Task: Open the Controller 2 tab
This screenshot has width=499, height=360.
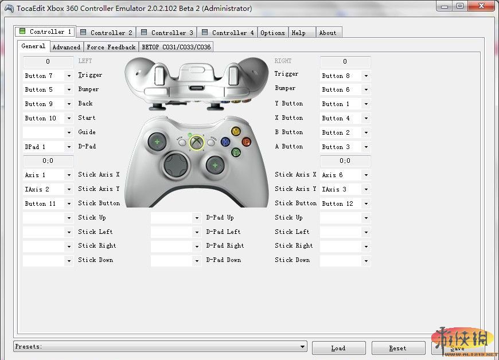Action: tap(106, 33)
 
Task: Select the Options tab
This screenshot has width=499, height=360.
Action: tap(272, 33)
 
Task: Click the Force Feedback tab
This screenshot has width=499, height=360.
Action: tap(111, 47)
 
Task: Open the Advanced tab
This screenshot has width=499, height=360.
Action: tap(67, 47)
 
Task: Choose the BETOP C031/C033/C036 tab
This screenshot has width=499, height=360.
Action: tap(176, 47)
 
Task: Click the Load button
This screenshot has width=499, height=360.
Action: tap(338, 348)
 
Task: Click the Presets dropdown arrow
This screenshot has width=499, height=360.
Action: tap(303, 347)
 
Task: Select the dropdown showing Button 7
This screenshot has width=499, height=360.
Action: tap(48, 76)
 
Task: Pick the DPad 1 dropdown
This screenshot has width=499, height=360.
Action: tap(48, 147)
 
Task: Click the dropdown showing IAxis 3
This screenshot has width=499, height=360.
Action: tap(345, 189)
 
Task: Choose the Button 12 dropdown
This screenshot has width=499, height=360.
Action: tap(345, 204)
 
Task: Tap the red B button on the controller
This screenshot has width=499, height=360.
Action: tap(247, 142)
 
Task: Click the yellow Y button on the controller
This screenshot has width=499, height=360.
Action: tap(235, 131)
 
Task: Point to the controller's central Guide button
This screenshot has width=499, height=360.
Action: tap(197, 142)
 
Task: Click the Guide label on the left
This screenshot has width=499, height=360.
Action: tap(87, 132)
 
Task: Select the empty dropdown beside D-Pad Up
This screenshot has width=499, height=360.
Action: tap(176, 218)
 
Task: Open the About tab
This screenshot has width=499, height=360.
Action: tap(328, 33)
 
